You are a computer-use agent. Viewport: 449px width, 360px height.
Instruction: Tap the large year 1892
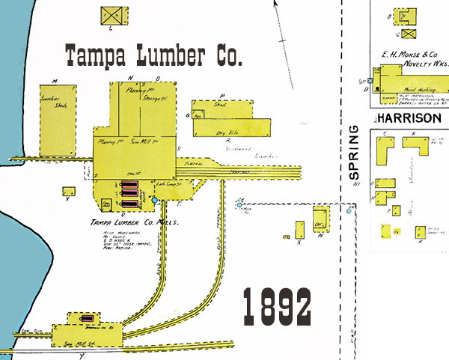coord(277,306)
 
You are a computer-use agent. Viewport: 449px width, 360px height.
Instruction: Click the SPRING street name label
coord(355,154)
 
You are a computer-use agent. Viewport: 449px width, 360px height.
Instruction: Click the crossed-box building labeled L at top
coord(111,14)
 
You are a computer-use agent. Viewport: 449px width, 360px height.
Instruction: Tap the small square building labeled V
coord(68,191)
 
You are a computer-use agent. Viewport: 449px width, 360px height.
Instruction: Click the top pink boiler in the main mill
coord(129,183)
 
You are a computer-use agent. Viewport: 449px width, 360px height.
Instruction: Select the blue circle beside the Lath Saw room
coord(156,201)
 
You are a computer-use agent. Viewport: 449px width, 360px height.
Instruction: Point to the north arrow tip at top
coord(275,2)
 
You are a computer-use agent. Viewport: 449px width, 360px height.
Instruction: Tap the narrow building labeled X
coord(300,229)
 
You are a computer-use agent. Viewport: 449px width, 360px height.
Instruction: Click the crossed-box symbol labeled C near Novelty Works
coord(407,33)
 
